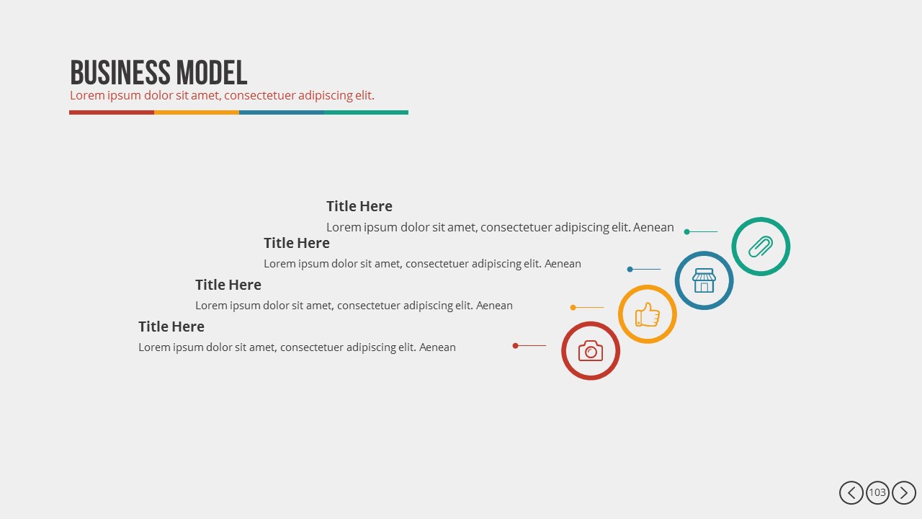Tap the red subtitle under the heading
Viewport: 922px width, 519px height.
(x=222, y=95)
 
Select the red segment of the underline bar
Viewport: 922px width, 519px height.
(x=112, y=112)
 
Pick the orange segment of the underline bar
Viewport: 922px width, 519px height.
(x=197, y=112)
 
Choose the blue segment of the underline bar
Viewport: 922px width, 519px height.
(x=282, y=112)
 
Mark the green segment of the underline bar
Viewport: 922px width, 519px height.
(x=366, y=112)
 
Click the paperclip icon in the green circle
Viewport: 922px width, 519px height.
(x=761, y=247)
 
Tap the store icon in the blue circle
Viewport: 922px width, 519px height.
(x=704, y=280)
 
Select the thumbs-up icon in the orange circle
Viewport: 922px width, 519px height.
(x=647, y=314)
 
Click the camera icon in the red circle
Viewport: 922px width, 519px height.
(x=590, y=351)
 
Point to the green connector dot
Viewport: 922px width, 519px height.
(x=687, y=232)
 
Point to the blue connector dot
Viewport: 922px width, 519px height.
(x=630, y=270)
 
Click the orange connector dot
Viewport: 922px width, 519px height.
(x=573, y=308)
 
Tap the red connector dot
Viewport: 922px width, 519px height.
(x=515, y=346)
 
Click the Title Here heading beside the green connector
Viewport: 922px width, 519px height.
(x=359, y=207)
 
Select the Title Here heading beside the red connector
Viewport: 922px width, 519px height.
(x=171, y=327)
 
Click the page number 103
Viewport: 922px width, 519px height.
(x=877, y=493)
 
